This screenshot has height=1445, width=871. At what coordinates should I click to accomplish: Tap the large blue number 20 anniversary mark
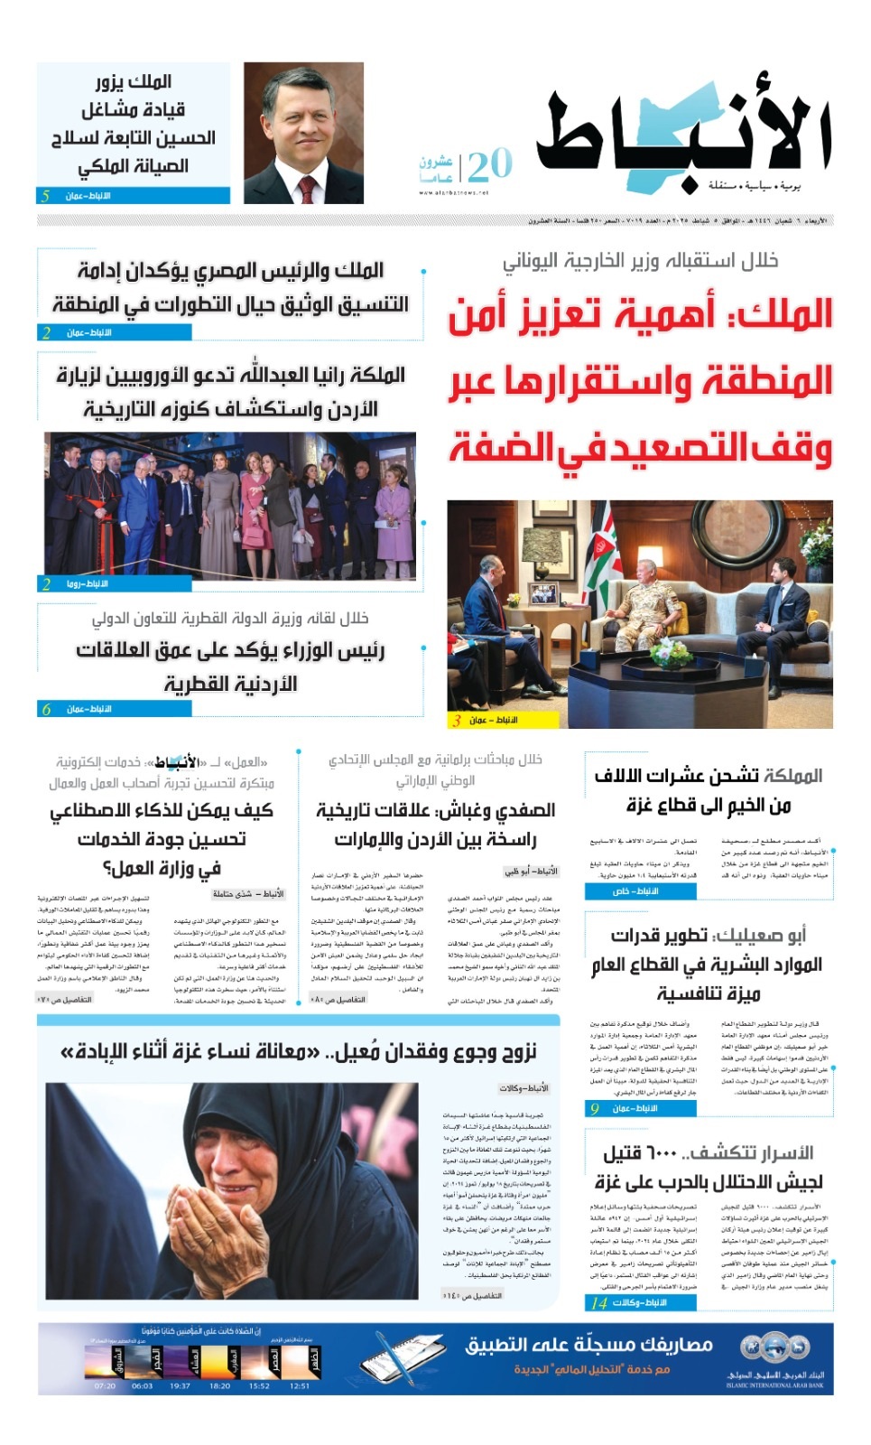tap(489, 165)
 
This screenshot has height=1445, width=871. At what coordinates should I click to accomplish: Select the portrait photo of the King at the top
tap(303, 133)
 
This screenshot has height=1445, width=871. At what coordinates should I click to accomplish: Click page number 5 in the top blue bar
tap(46, 196)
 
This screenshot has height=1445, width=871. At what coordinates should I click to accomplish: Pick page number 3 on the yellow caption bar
tap(458, 720)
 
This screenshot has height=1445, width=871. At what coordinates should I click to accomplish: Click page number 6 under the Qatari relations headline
tap(46, 709)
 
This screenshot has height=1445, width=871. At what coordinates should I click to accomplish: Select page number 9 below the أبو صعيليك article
tap(594, 1108)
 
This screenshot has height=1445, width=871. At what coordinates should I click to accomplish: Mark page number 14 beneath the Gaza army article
tap(598, 1302)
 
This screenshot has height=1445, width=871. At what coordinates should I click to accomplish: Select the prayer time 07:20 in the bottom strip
tap(105, 1385)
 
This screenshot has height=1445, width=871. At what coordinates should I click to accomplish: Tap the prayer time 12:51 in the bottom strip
tap(300, 1385)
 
